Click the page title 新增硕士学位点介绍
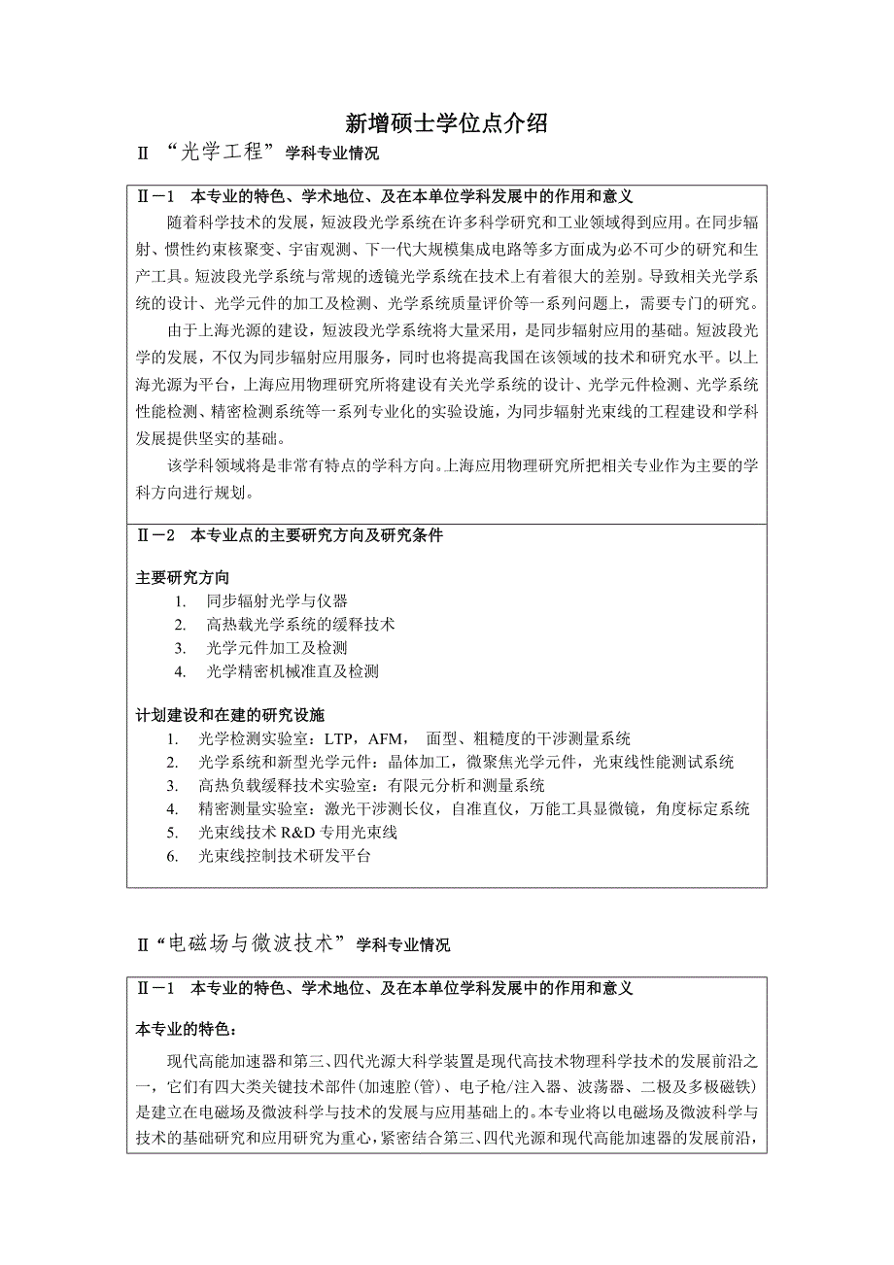[447, 122]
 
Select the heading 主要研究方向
[183, 577]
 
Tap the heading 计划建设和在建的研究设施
[229, 715]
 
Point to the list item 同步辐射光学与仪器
[277, 601]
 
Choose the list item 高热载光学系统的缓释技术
[300, 625]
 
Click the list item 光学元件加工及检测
[277, 648]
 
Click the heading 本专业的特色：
[186, 1029]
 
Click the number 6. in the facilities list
[172, 856]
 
